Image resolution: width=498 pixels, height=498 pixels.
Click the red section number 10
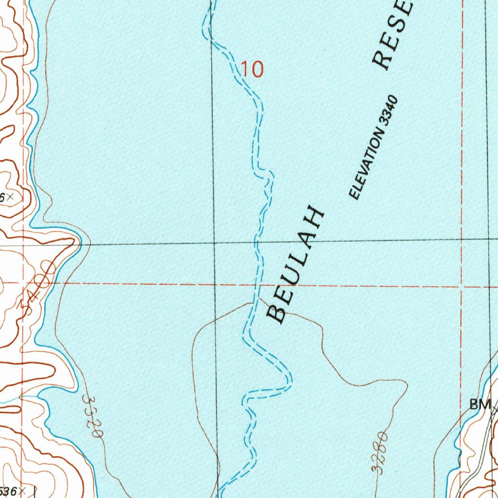252,70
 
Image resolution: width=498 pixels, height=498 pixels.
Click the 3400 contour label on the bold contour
37,287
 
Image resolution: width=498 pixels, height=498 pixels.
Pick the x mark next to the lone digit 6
10,197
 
